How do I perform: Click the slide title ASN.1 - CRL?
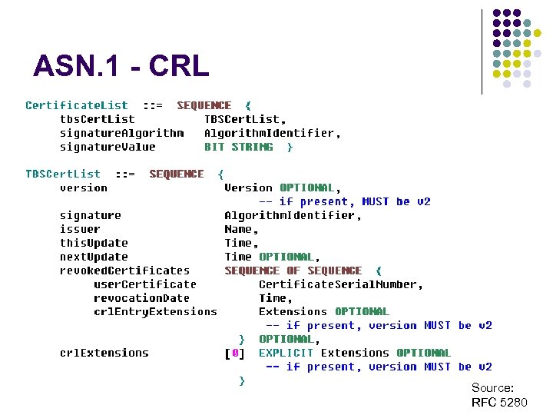[121, 66]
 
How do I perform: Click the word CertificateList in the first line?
[77, 105]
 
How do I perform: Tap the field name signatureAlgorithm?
[121, 133]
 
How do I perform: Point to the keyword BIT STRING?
[238, 147]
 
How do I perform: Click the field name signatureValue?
[108, 147]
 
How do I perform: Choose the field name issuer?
[80, 229]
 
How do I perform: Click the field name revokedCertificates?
[124, 271]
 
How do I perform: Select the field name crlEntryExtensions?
[155, 311]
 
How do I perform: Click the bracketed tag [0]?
[235, 353]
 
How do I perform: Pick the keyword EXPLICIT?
[286, 353]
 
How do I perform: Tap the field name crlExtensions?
[104, 353]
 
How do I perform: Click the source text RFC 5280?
[499, 403]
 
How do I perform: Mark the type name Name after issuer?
[240, 229]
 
